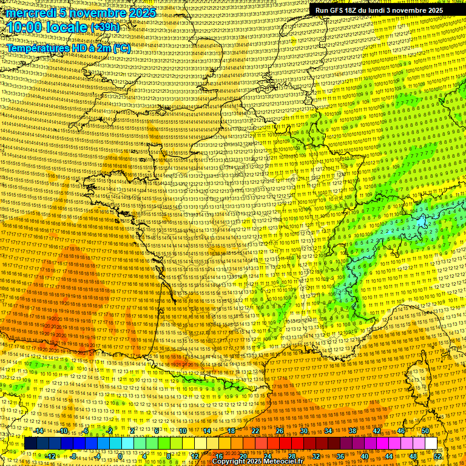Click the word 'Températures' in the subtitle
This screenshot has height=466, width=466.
pos(39,48)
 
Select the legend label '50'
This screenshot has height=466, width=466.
pos(425,431)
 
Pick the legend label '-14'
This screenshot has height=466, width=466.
pos(39,431)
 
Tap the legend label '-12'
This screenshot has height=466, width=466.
pos(51,456)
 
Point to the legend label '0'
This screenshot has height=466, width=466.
pos(120,456)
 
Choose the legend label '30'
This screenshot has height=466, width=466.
pos(304,431)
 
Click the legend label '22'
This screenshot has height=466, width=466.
pos(255,431)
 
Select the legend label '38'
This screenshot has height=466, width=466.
pos(353,431)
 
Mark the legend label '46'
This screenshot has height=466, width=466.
pos(401,431)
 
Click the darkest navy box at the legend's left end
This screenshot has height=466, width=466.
pos(31,444)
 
